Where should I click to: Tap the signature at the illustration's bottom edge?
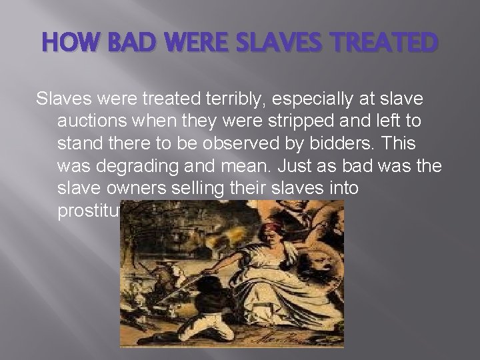point(296,339)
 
